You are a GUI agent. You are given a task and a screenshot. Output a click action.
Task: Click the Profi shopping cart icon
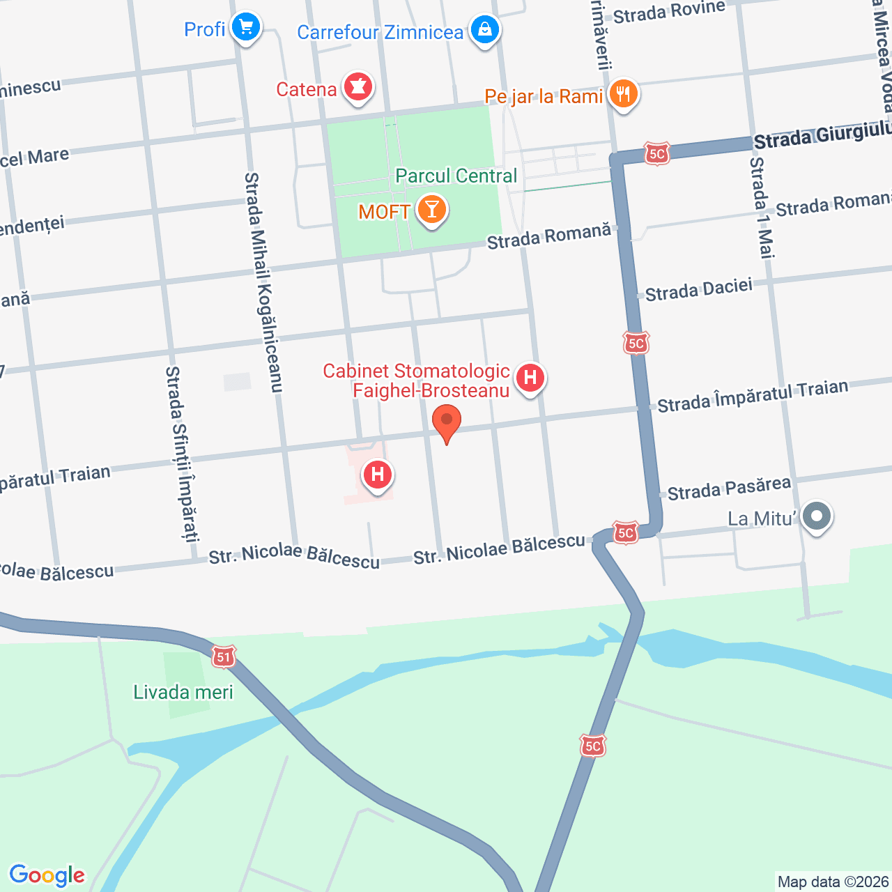pyautogui.click(x=245, y=28)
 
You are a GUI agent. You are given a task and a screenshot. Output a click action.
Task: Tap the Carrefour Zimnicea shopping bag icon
pyautogui.click(x=484, y=30)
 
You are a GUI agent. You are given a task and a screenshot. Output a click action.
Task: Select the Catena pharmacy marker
pyautogui.click(x=358, y=88)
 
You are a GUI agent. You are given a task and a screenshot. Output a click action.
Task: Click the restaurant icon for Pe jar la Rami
pyautogui.click(x=623, y=93)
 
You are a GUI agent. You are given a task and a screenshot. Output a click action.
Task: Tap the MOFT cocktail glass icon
pyautogui.click(x=431, y=209)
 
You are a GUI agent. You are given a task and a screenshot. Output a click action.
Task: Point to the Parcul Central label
pyautogui.click(x=456, y=176)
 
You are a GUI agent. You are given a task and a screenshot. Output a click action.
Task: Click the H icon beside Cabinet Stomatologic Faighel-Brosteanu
pyautogui.click(x=530, y=378)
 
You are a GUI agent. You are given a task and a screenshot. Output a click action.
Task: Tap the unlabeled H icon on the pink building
pyautogui.click(x=378, y=475)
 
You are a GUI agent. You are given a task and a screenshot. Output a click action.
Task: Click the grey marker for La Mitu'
pyautogui.click(x=816, y=517)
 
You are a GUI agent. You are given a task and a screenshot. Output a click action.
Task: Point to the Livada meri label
pyautogui.click(x=183, y=692)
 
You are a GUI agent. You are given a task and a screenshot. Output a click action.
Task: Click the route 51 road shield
pyautogui.click(x=223, y=656)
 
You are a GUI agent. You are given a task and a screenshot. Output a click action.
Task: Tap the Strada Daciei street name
pyautogui.click(x=699, y=290)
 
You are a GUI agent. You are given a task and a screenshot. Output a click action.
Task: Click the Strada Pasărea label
pyautogui.click(x=729, y=489)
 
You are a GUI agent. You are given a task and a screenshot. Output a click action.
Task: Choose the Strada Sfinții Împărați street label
pyautogui.click(x=183, y=454)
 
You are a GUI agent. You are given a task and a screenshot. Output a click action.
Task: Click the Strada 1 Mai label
pyautogui.click(x=761, y=208)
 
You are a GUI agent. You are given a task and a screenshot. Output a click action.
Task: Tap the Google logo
pyautogui.click(x=47, y=875)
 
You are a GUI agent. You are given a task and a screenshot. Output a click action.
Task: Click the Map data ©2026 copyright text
pyautogui.click(x=833, y=882)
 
